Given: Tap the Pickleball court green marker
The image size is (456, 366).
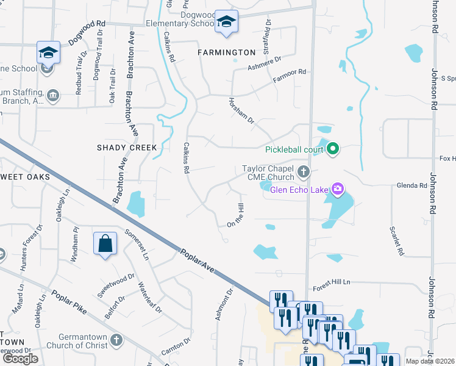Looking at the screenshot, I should click(333, 149).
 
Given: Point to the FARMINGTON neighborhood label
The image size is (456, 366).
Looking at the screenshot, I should click(227, 52).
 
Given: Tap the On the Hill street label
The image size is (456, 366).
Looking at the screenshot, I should click(239, 217).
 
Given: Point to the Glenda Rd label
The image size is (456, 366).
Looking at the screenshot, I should click(412, 185).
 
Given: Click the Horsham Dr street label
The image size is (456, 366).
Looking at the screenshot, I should click(241, 111).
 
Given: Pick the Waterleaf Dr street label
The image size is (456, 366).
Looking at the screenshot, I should click(150, 298).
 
